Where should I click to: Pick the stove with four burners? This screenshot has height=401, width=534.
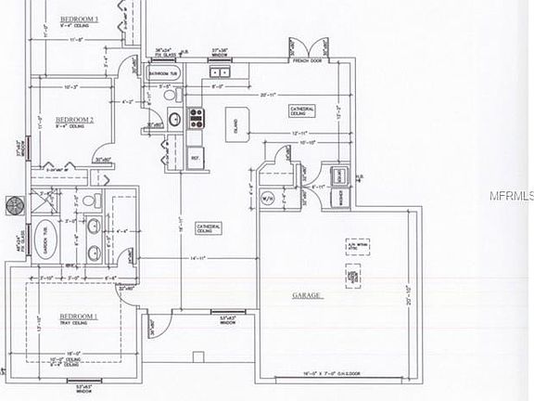[197, 117]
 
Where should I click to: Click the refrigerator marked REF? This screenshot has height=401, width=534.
[196, 158]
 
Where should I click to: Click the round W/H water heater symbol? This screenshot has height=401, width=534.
[267, 197]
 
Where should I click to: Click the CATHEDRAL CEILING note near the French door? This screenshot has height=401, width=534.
[302, 110]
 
